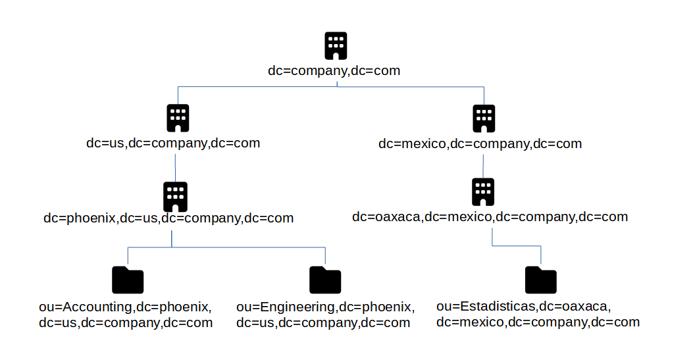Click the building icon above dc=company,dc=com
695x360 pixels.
pos(336,46)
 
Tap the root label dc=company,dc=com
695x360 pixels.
pos(334,70)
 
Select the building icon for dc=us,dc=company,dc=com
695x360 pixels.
pos(178,118)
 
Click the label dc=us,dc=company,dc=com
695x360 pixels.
pos(173,143)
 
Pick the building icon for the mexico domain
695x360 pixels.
pos(484,118)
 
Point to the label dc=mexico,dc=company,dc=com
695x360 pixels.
pos(480,143)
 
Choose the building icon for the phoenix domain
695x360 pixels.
pos(175,196)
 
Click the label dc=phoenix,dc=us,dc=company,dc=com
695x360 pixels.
pos(168,218)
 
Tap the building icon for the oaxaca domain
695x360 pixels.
pos(483,192)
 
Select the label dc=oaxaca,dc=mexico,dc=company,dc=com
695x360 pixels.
pos(490,217)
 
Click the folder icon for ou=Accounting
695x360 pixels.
pos(128,280)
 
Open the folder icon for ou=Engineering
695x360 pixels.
pos(325,280)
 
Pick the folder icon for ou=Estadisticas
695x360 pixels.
pos(540,280)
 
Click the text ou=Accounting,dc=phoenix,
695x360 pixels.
pos(125,307)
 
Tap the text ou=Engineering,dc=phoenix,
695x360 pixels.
pos(325,307)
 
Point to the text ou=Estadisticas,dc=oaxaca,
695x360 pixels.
pos(524,307)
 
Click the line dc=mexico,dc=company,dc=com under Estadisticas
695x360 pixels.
pos(538,322)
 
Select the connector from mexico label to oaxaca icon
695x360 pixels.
pos(484,165)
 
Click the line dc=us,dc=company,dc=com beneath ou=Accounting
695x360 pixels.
pos(125,322)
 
